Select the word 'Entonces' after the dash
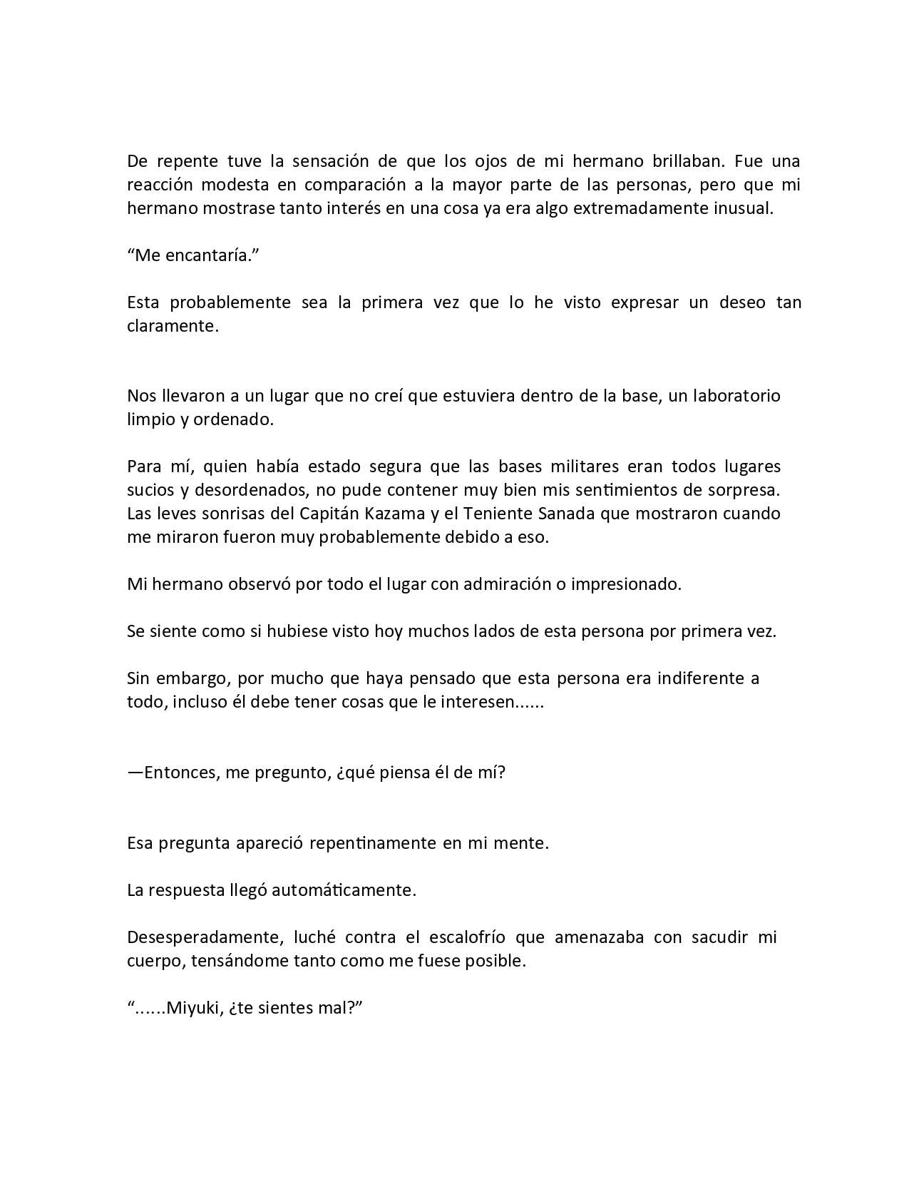(x=183, y=773)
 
